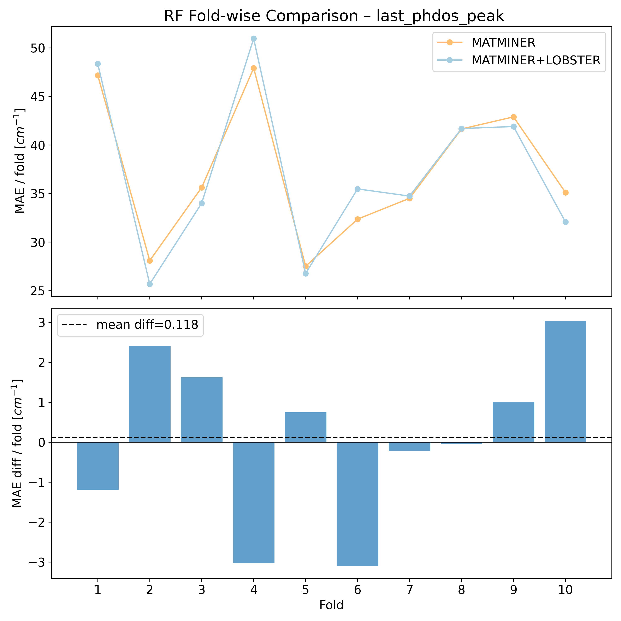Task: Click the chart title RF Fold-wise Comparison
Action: coord(334,16)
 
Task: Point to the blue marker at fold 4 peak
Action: coord(254,39)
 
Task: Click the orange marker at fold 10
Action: coord(565,193)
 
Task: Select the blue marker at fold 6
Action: coord(357,189)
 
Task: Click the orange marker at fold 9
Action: coord(514,117)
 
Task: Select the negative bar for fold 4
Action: coord(254,502)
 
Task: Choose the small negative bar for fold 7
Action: coord(409,447)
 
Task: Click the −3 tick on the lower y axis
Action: coord(37,562)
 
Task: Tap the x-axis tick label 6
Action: coord(357,590)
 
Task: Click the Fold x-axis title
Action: coord(331,605)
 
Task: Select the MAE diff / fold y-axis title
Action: coord(18,444)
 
